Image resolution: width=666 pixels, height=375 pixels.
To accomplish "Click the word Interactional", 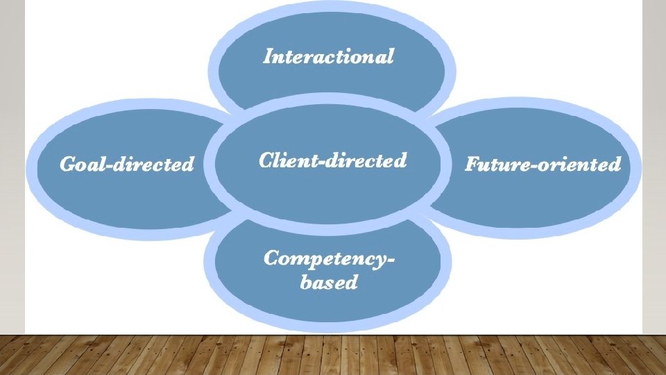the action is (x=328, y=56).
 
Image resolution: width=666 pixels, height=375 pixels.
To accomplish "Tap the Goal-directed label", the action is (x=127, y=165).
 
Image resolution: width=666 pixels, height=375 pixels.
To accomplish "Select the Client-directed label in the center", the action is (x=332, y=161).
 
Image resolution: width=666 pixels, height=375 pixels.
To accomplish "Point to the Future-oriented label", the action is (x=543, y=165).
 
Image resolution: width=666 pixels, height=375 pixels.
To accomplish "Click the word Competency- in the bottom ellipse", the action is (x=330, y=259).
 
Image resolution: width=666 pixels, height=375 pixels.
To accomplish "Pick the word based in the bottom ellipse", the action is (x=329, y=283).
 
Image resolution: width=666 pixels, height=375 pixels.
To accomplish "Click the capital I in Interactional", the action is (x=267, y=56).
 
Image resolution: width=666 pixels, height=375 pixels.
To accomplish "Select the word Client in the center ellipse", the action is (x=287, y=161).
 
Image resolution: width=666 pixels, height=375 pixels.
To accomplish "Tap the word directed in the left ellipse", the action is (x=153, y=165).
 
